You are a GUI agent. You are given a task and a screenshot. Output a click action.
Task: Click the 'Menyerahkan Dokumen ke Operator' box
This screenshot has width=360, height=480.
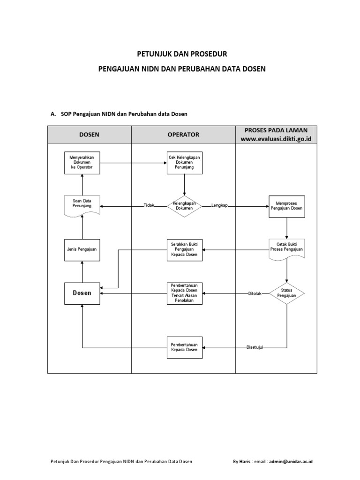[x=82, y=162]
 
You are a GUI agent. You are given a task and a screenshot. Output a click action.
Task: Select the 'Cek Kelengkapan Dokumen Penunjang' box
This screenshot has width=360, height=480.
[x=185, y=162]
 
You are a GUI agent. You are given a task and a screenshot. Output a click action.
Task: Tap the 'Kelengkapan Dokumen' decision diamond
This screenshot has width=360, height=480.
[x=185, y=206]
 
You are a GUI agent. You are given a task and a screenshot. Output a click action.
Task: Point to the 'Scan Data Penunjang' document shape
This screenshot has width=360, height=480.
[x=82, y=205]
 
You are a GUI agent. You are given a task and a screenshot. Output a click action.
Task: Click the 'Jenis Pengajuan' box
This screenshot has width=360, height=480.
[x=82, y=249]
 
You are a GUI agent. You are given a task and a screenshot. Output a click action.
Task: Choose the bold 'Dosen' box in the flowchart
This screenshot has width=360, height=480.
[x=82, y=293]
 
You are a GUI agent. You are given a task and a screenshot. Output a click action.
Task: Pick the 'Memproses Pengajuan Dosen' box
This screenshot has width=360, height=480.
[x=286, y=206]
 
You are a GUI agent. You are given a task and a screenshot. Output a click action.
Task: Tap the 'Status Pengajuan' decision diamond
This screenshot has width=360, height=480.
[x=286, y=293]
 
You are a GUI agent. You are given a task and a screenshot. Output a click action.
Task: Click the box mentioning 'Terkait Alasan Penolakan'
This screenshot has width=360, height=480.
[x=185, y=293]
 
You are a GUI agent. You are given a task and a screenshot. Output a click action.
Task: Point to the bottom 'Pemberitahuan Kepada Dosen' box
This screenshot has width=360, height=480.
[x=185, y=347]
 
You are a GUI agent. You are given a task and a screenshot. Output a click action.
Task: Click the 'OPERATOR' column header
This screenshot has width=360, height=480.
[x=183, y=135]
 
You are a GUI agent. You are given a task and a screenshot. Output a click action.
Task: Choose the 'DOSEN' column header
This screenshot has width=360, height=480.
[x=89, y=135]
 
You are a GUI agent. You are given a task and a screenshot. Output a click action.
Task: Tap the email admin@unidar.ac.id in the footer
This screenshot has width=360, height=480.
[x=290, y=462]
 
